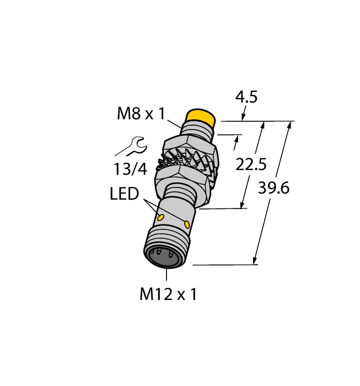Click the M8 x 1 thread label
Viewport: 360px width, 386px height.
(x=141, y=114)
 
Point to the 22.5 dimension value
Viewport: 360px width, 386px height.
(x=251, y=164)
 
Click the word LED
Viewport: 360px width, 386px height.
(x=124, y=195)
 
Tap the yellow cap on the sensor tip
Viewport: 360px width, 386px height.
(x=200, y=117)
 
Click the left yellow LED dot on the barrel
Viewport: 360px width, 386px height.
(x=162, y=218)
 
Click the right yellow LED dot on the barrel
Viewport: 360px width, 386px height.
(x=187, y=224)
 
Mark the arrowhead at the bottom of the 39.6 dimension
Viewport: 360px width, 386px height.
(x=255, y=261)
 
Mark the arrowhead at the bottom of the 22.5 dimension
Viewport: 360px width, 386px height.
(x=242, y=206)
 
